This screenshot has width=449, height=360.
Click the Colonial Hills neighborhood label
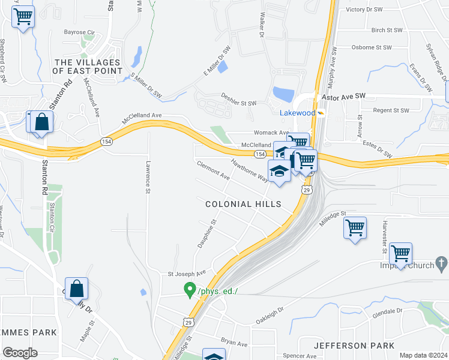[243, 204]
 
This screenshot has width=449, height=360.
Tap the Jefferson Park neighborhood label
[354, 346]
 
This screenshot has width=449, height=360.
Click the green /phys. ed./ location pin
[190, 290]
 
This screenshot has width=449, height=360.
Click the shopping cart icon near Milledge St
[355, 228]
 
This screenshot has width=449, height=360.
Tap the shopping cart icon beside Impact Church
[400, 253]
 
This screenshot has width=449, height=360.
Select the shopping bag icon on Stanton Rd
[77, 289]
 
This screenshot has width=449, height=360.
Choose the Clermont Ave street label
[213, 170]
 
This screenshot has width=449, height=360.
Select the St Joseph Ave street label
[187, 274]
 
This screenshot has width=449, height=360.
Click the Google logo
[20, 353]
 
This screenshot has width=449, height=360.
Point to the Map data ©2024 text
[423, 355]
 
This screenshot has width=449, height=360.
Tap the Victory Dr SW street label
[364, 10]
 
